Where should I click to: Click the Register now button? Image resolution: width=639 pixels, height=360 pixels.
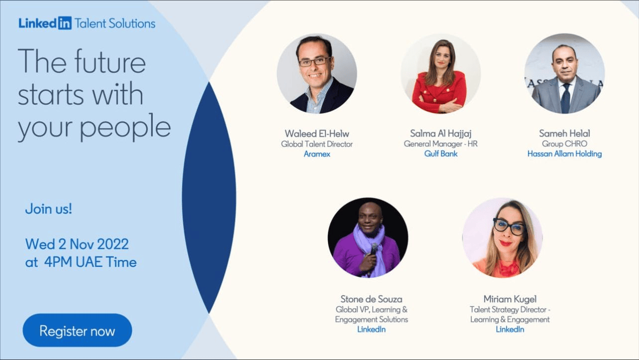point(77,330)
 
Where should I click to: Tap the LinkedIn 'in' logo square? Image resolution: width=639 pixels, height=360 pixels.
point(65,23)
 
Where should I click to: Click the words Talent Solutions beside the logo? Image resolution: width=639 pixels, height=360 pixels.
point(115,23)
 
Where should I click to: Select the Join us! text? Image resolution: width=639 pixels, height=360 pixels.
point(48,209)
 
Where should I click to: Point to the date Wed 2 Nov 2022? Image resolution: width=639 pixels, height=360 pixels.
point(77,244)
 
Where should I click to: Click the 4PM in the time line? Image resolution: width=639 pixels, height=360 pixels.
point(58,262)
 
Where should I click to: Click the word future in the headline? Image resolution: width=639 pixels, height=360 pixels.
point(110,62)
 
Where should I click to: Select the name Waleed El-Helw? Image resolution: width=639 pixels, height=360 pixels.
point(317,133)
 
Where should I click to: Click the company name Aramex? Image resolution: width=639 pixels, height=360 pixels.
point(317,154)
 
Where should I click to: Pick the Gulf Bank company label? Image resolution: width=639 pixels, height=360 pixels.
point(441,154)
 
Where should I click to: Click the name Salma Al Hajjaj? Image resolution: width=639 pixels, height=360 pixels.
point(441,133)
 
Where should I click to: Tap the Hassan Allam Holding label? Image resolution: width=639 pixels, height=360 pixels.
point(564,154)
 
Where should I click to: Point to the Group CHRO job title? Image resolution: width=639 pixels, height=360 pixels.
point(564,143)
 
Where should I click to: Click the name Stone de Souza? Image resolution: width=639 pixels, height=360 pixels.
point(371,299)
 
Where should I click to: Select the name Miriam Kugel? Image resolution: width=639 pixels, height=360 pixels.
point(510,299)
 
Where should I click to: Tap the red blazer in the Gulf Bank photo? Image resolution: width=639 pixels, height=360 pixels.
point(439,91)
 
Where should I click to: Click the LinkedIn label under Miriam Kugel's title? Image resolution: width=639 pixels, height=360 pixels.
point(510,330)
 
